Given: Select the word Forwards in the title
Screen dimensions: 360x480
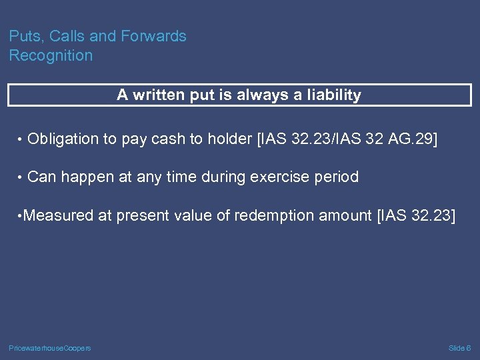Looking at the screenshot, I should [157, 37].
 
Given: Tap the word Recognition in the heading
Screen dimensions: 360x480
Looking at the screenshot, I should [51, 56].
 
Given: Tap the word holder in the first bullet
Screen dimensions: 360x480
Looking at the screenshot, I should [227, 139].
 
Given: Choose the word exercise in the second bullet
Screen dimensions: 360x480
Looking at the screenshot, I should [278, 177].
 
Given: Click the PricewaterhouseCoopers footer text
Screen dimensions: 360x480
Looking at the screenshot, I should [50, 348].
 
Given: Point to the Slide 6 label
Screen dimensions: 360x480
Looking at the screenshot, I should [459, 348].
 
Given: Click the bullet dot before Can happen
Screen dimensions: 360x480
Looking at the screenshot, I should [21, 178].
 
